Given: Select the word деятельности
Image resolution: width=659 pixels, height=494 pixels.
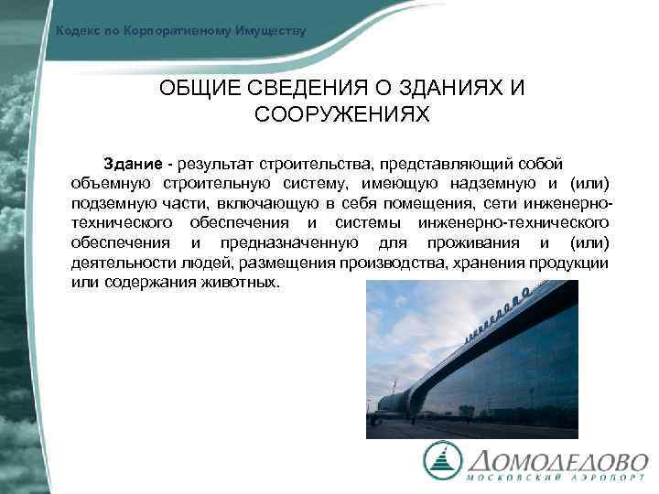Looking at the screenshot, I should [116, 263].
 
